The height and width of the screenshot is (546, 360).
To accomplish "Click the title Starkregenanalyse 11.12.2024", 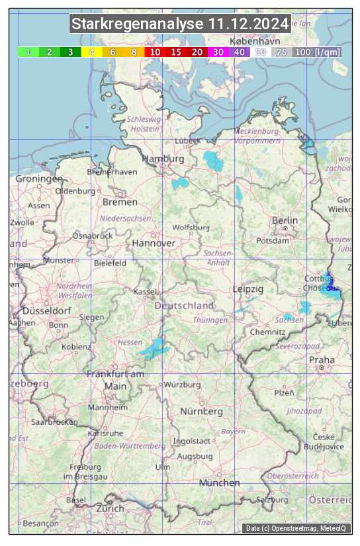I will (x=180, y=24).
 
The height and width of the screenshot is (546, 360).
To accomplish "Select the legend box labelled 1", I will (x=28, y=52).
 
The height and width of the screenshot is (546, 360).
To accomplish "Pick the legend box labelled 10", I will (x=155, y=52).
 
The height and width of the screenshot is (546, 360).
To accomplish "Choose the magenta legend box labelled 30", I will (x=218, y=52).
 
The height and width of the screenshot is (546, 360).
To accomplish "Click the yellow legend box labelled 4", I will (x=92, y=52).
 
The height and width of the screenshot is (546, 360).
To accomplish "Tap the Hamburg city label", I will (x=163, y=159).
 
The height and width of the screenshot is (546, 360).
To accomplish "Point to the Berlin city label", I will (x=285, y=220).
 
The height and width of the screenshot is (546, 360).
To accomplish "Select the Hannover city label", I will (x=154, y=243).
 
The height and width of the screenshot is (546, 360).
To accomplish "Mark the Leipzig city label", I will (x=248, y=289).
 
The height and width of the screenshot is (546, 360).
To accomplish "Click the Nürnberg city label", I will (x=201, y=411).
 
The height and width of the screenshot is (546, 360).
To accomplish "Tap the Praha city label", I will (x=321, y=359).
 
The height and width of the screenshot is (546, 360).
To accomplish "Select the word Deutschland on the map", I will (x=184, y=306).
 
